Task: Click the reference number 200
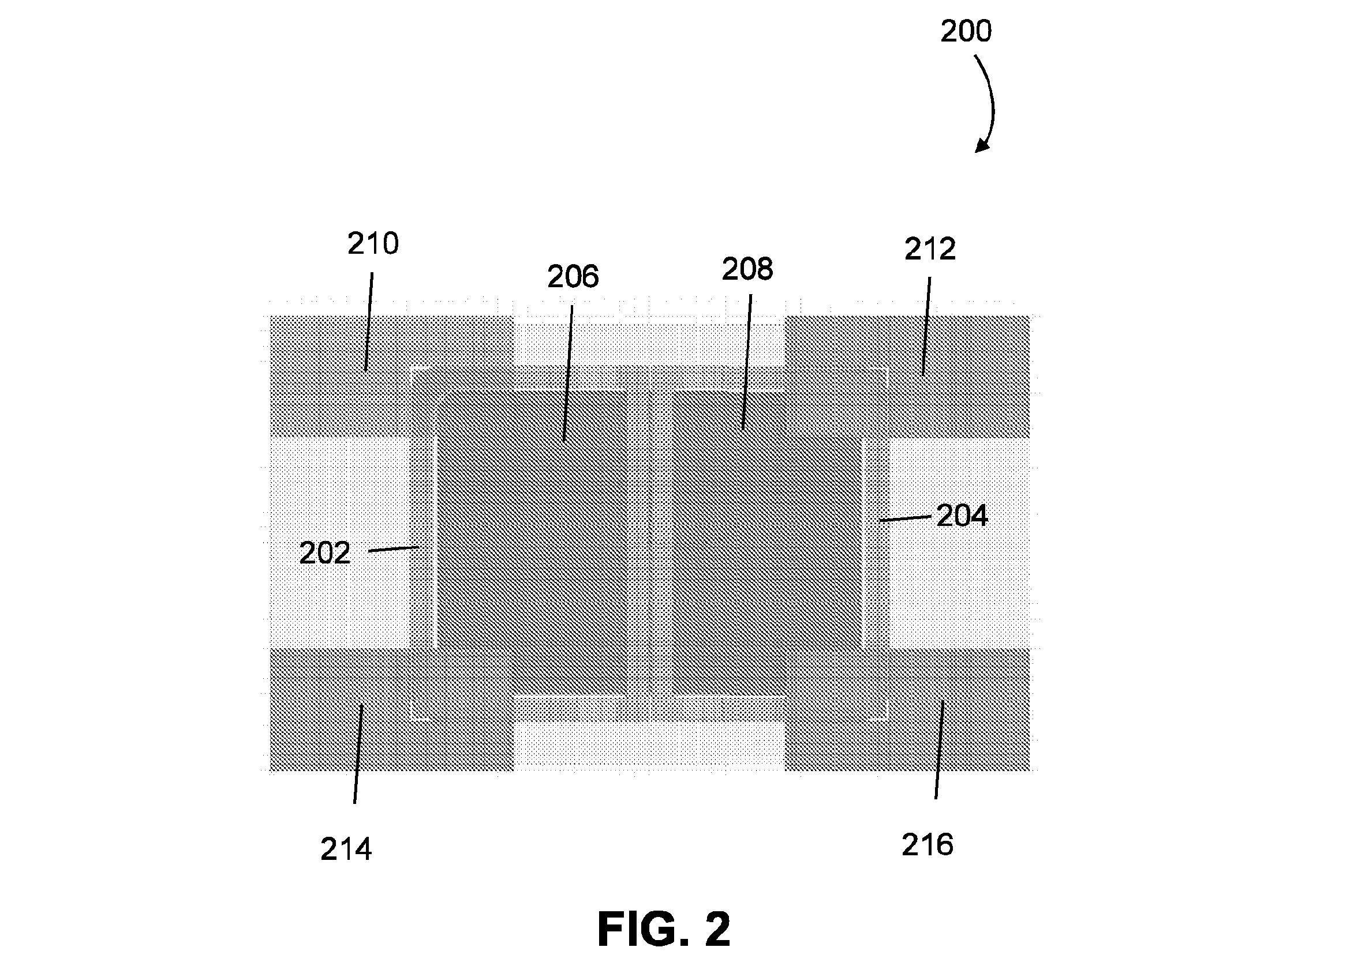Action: [966, 31]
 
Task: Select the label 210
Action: [373, 244]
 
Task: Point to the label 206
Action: [573, 277]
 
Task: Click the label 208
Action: [747, 269]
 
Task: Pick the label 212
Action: [930, 249]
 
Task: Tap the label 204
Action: [962, 516]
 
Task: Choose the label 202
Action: [324, 554]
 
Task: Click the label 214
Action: [346, 850]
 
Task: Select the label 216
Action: [928, 845]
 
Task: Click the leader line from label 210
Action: [369, 322]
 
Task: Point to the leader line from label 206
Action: [568, 374]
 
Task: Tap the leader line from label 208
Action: [746, 362]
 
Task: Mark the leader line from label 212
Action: [926, 326]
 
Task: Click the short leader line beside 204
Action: [906, 518]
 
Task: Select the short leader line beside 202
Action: [394, 549]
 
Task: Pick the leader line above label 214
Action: [358, 754]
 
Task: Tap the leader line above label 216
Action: [939, 750]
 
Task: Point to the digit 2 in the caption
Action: [717, 930]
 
